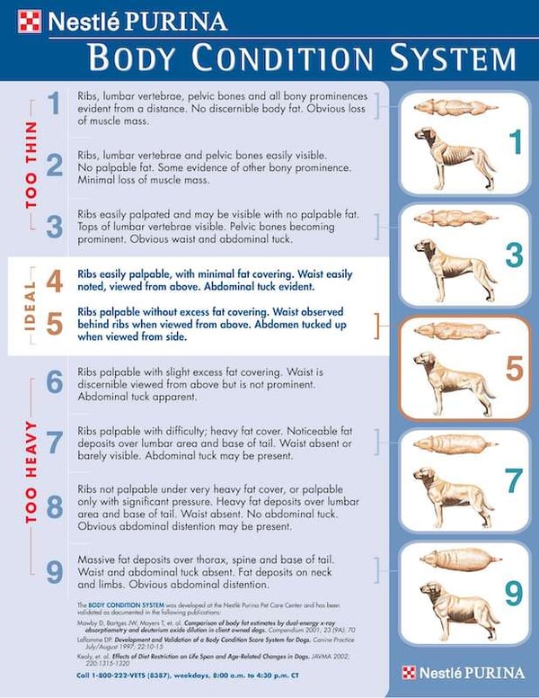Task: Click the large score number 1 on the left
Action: [x=53, y=104]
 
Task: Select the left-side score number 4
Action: [x=53, y=281]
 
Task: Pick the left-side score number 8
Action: [x=53, y=506]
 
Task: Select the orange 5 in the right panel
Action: [x=512, y=369]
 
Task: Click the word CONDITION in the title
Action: [x=300, y=56]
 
